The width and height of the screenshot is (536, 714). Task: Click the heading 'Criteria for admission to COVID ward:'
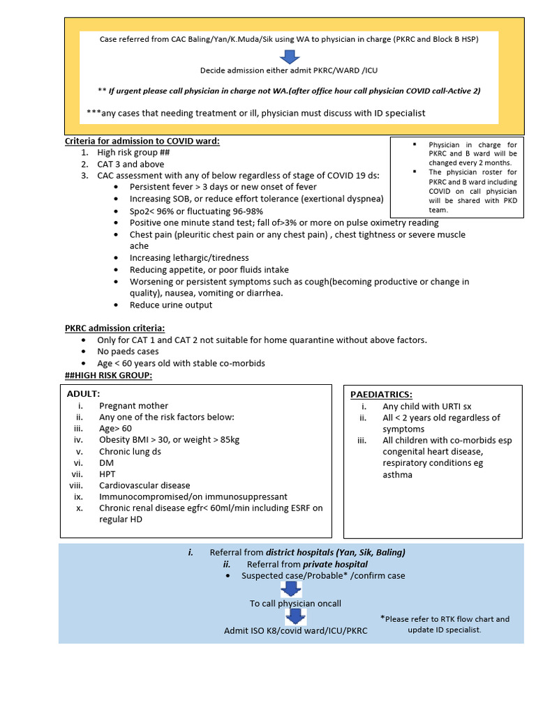[x=142, y=141]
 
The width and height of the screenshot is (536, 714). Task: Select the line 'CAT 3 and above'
[x=131, y=164]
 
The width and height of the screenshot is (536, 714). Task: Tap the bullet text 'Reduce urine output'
[x=171, y=305]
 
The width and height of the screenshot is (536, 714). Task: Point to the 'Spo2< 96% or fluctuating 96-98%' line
[x=196, y=211]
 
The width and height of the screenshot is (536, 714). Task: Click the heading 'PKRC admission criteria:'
[x=114, y=328]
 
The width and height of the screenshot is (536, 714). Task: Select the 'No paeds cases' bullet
[x=129, y=351]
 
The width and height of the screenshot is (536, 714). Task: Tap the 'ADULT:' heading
[x=83, y=393]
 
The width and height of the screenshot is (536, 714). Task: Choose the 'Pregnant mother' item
[x=133, y=405]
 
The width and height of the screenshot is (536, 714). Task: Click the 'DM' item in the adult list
[x=106, y=462]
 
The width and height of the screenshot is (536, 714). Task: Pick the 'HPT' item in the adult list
[x=108, y=473]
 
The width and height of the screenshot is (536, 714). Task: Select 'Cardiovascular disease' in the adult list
[x=144, y=485]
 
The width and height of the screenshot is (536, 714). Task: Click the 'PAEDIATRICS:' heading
[x=381, y=394]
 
